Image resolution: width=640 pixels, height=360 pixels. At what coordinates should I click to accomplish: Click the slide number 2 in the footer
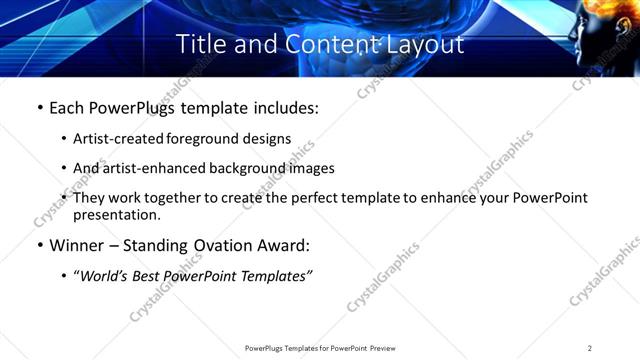pos(590,348)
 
